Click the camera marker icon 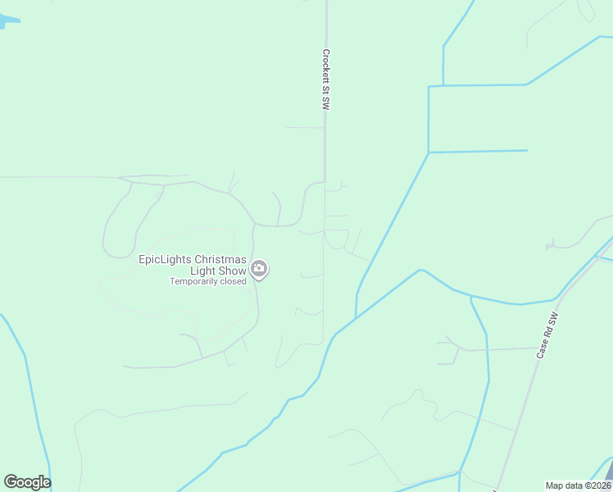[x=259, y=268]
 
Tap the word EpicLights [x=164, y=260]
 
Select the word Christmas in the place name [x=220, y=260]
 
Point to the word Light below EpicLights [x=202, y=271]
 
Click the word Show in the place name [x=232, y=271]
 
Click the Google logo [x=27, y=482]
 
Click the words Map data [x=564, y=485]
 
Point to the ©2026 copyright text [x=597, y=485]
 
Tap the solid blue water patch [x=7, y=20]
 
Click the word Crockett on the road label [x=325, y=67]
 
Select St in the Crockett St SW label [x=325, y=93]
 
